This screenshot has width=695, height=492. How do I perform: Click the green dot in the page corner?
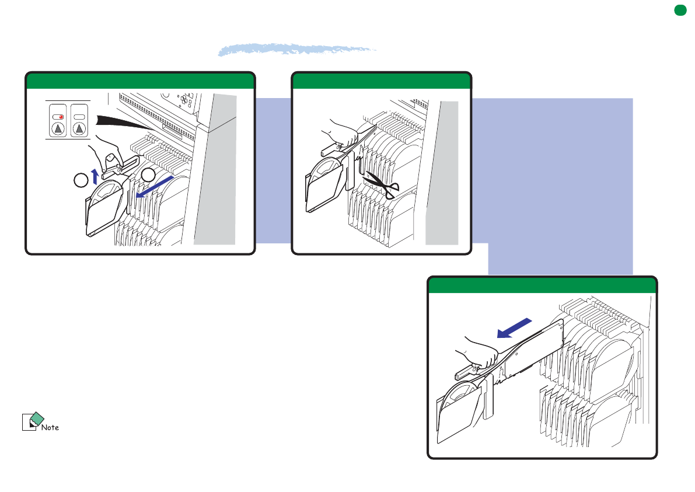(x=680, y=10)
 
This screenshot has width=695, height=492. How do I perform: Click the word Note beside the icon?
(x=50, y=427)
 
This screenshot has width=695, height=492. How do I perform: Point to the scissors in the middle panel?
(x=382, y=184)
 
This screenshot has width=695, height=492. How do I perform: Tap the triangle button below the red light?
(x=58, y=129)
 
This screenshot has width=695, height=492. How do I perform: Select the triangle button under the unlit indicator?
(x=79, y=129)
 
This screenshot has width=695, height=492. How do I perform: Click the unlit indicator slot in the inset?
(x=79, y=117)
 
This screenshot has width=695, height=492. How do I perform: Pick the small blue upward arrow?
(x=95, y=176)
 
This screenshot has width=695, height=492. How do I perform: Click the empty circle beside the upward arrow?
(x=81, y=180)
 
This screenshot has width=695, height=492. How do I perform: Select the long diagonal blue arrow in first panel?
(x=155, y=187)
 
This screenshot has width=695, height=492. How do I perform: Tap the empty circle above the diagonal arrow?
(x=148, y=175)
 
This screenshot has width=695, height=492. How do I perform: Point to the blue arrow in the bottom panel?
(x=514, y=328)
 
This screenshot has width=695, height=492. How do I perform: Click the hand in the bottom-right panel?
(x=478, y=353)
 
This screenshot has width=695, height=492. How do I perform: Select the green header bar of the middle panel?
(x=382, y=81)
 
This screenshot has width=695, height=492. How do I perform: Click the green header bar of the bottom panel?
(x=542, y=285)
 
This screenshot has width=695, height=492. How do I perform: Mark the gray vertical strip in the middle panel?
(x=442, y=173)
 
